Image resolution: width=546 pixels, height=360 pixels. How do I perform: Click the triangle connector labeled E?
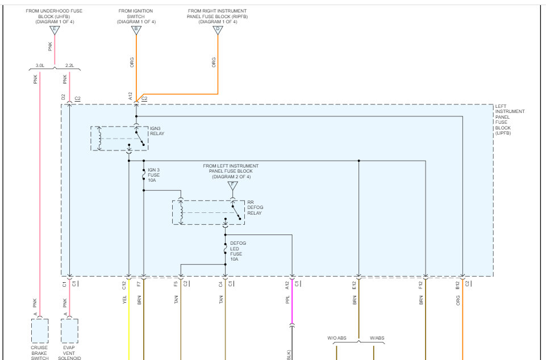click(55, 30)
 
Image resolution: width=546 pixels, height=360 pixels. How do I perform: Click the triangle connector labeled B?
click(136, 30)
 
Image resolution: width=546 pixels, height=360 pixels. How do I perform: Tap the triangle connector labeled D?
click(218, 30)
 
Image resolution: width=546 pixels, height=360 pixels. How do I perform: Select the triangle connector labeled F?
click(232, 185)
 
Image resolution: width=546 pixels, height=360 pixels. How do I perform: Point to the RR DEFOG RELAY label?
click(255, 207)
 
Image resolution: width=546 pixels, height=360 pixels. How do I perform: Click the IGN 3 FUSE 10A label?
click(154, 175)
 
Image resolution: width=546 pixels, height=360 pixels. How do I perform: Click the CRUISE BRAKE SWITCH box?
click(40, 330)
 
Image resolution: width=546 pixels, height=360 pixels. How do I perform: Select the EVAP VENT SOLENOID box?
click(69, 330)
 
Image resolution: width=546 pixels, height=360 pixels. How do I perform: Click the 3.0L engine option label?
click(40, 66)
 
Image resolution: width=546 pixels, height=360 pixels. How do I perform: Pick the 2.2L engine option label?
click(69, 66)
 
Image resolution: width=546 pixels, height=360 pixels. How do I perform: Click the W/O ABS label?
click(336, 338)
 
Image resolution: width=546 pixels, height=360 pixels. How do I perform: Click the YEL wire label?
click(124, 300)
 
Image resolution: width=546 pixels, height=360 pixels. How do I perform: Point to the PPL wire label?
click(287, 300)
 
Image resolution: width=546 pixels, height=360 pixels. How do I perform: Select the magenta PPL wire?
click(292, 307)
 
